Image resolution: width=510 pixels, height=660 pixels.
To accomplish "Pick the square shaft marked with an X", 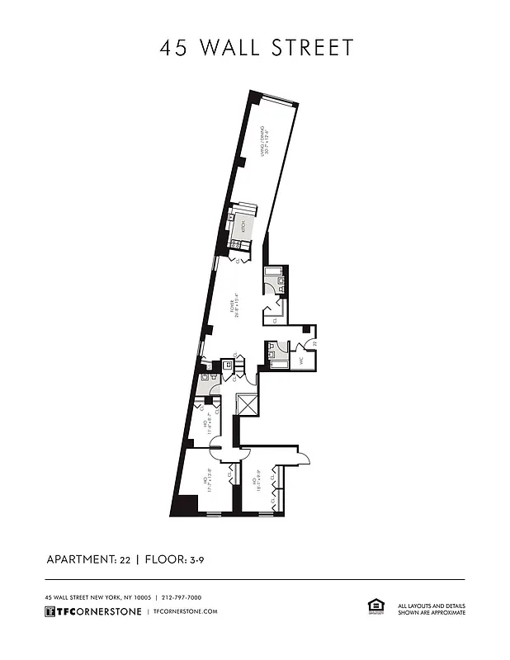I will click(248, 405).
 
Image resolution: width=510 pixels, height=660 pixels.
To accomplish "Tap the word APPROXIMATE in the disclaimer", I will click(445, 613).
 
